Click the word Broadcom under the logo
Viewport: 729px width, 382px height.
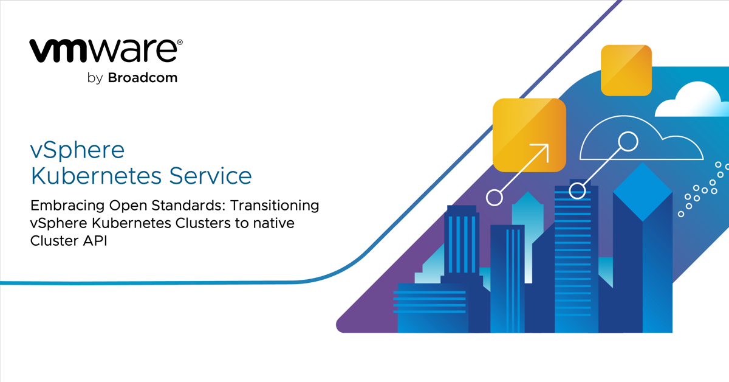coord(143,78)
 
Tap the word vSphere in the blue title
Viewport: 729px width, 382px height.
coord(77,150)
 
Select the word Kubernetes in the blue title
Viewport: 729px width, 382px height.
coord(96,176)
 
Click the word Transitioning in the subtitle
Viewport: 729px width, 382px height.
coord(270,206)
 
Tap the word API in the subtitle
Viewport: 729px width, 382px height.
coord(85,241)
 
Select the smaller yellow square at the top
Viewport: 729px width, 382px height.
coord(626,70)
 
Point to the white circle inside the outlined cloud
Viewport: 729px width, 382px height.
coord(628,142)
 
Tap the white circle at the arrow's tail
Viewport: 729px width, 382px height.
coord(495,197)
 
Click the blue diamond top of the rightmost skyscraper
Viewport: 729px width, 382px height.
coord(642,191)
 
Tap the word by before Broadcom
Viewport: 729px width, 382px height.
coord(96,78)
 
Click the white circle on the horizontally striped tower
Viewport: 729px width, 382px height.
coord(577,191)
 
